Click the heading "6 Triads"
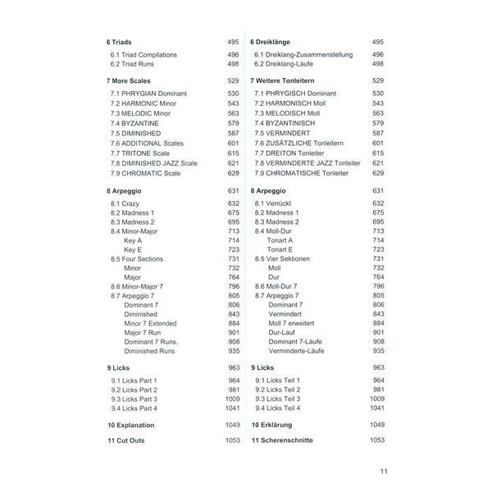[x=120, y=41]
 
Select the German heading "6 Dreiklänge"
[x=275, y=41]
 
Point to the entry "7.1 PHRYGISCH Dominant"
[x=296, y=94]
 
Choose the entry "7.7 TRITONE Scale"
[x=145, y=153]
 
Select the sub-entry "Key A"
[x=134, y=240]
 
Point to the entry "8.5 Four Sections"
[x=137, y=259]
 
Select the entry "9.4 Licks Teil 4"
[x=277, y=408]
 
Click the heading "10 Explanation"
[x=130, y=426]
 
